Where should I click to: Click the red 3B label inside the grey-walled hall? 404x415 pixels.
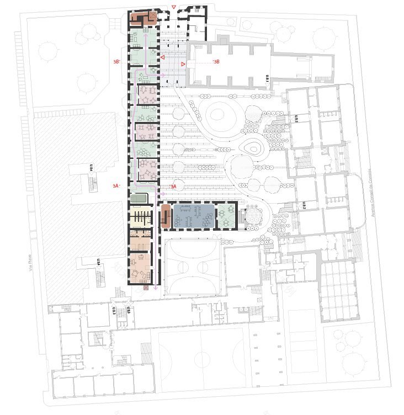(216, 62)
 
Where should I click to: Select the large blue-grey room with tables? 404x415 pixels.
(193, 216)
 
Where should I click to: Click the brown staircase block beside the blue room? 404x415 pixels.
(164, 217)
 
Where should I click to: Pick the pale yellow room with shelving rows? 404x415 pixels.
(141, 215)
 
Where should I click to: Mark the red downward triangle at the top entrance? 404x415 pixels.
(174, 7)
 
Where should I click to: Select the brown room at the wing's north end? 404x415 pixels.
(142, 18)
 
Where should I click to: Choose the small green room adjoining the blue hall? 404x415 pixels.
(226, 216)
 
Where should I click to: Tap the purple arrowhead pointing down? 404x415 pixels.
(156, 287)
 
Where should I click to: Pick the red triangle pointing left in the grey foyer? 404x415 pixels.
(162, 57)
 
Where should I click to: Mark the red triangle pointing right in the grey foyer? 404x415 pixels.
(183, 65)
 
